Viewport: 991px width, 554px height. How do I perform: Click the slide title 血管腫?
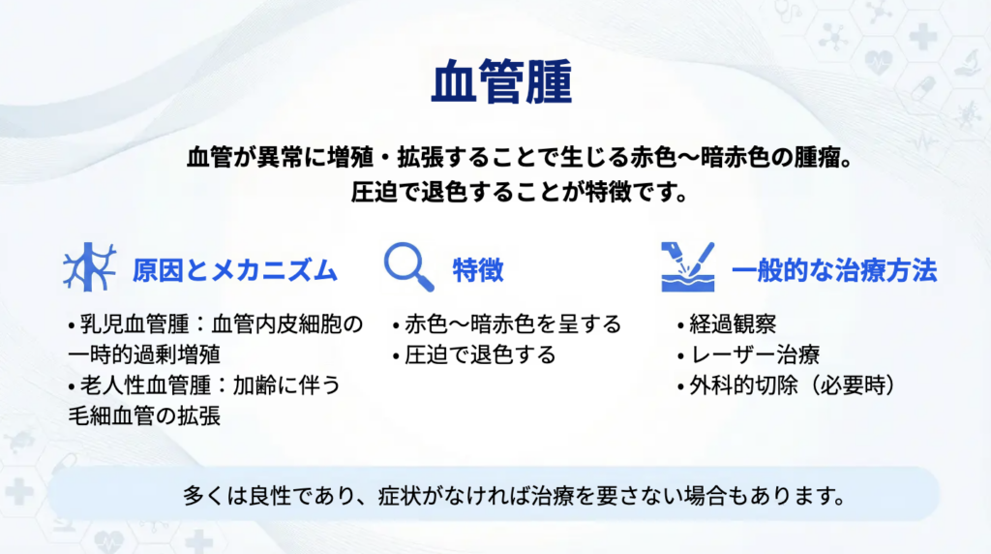501,81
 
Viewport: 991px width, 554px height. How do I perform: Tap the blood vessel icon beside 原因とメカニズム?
89,267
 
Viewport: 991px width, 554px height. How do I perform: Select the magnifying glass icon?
409,267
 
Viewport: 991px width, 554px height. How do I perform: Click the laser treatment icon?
688,267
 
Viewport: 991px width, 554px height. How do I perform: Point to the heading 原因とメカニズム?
234,270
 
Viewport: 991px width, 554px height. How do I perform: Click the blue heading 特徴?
478,270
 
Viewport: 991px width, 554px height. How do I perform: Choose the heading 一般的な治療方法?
833,270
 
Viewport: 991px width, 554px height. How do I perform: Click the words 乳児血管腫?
135,324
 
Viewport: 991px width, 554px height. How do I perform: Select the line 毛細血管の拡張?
144,416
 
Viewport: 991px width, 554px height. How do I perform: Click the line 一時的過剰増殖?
144,354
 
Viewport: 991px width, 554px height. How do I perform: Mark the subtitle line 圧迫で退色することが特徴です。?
520,192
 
